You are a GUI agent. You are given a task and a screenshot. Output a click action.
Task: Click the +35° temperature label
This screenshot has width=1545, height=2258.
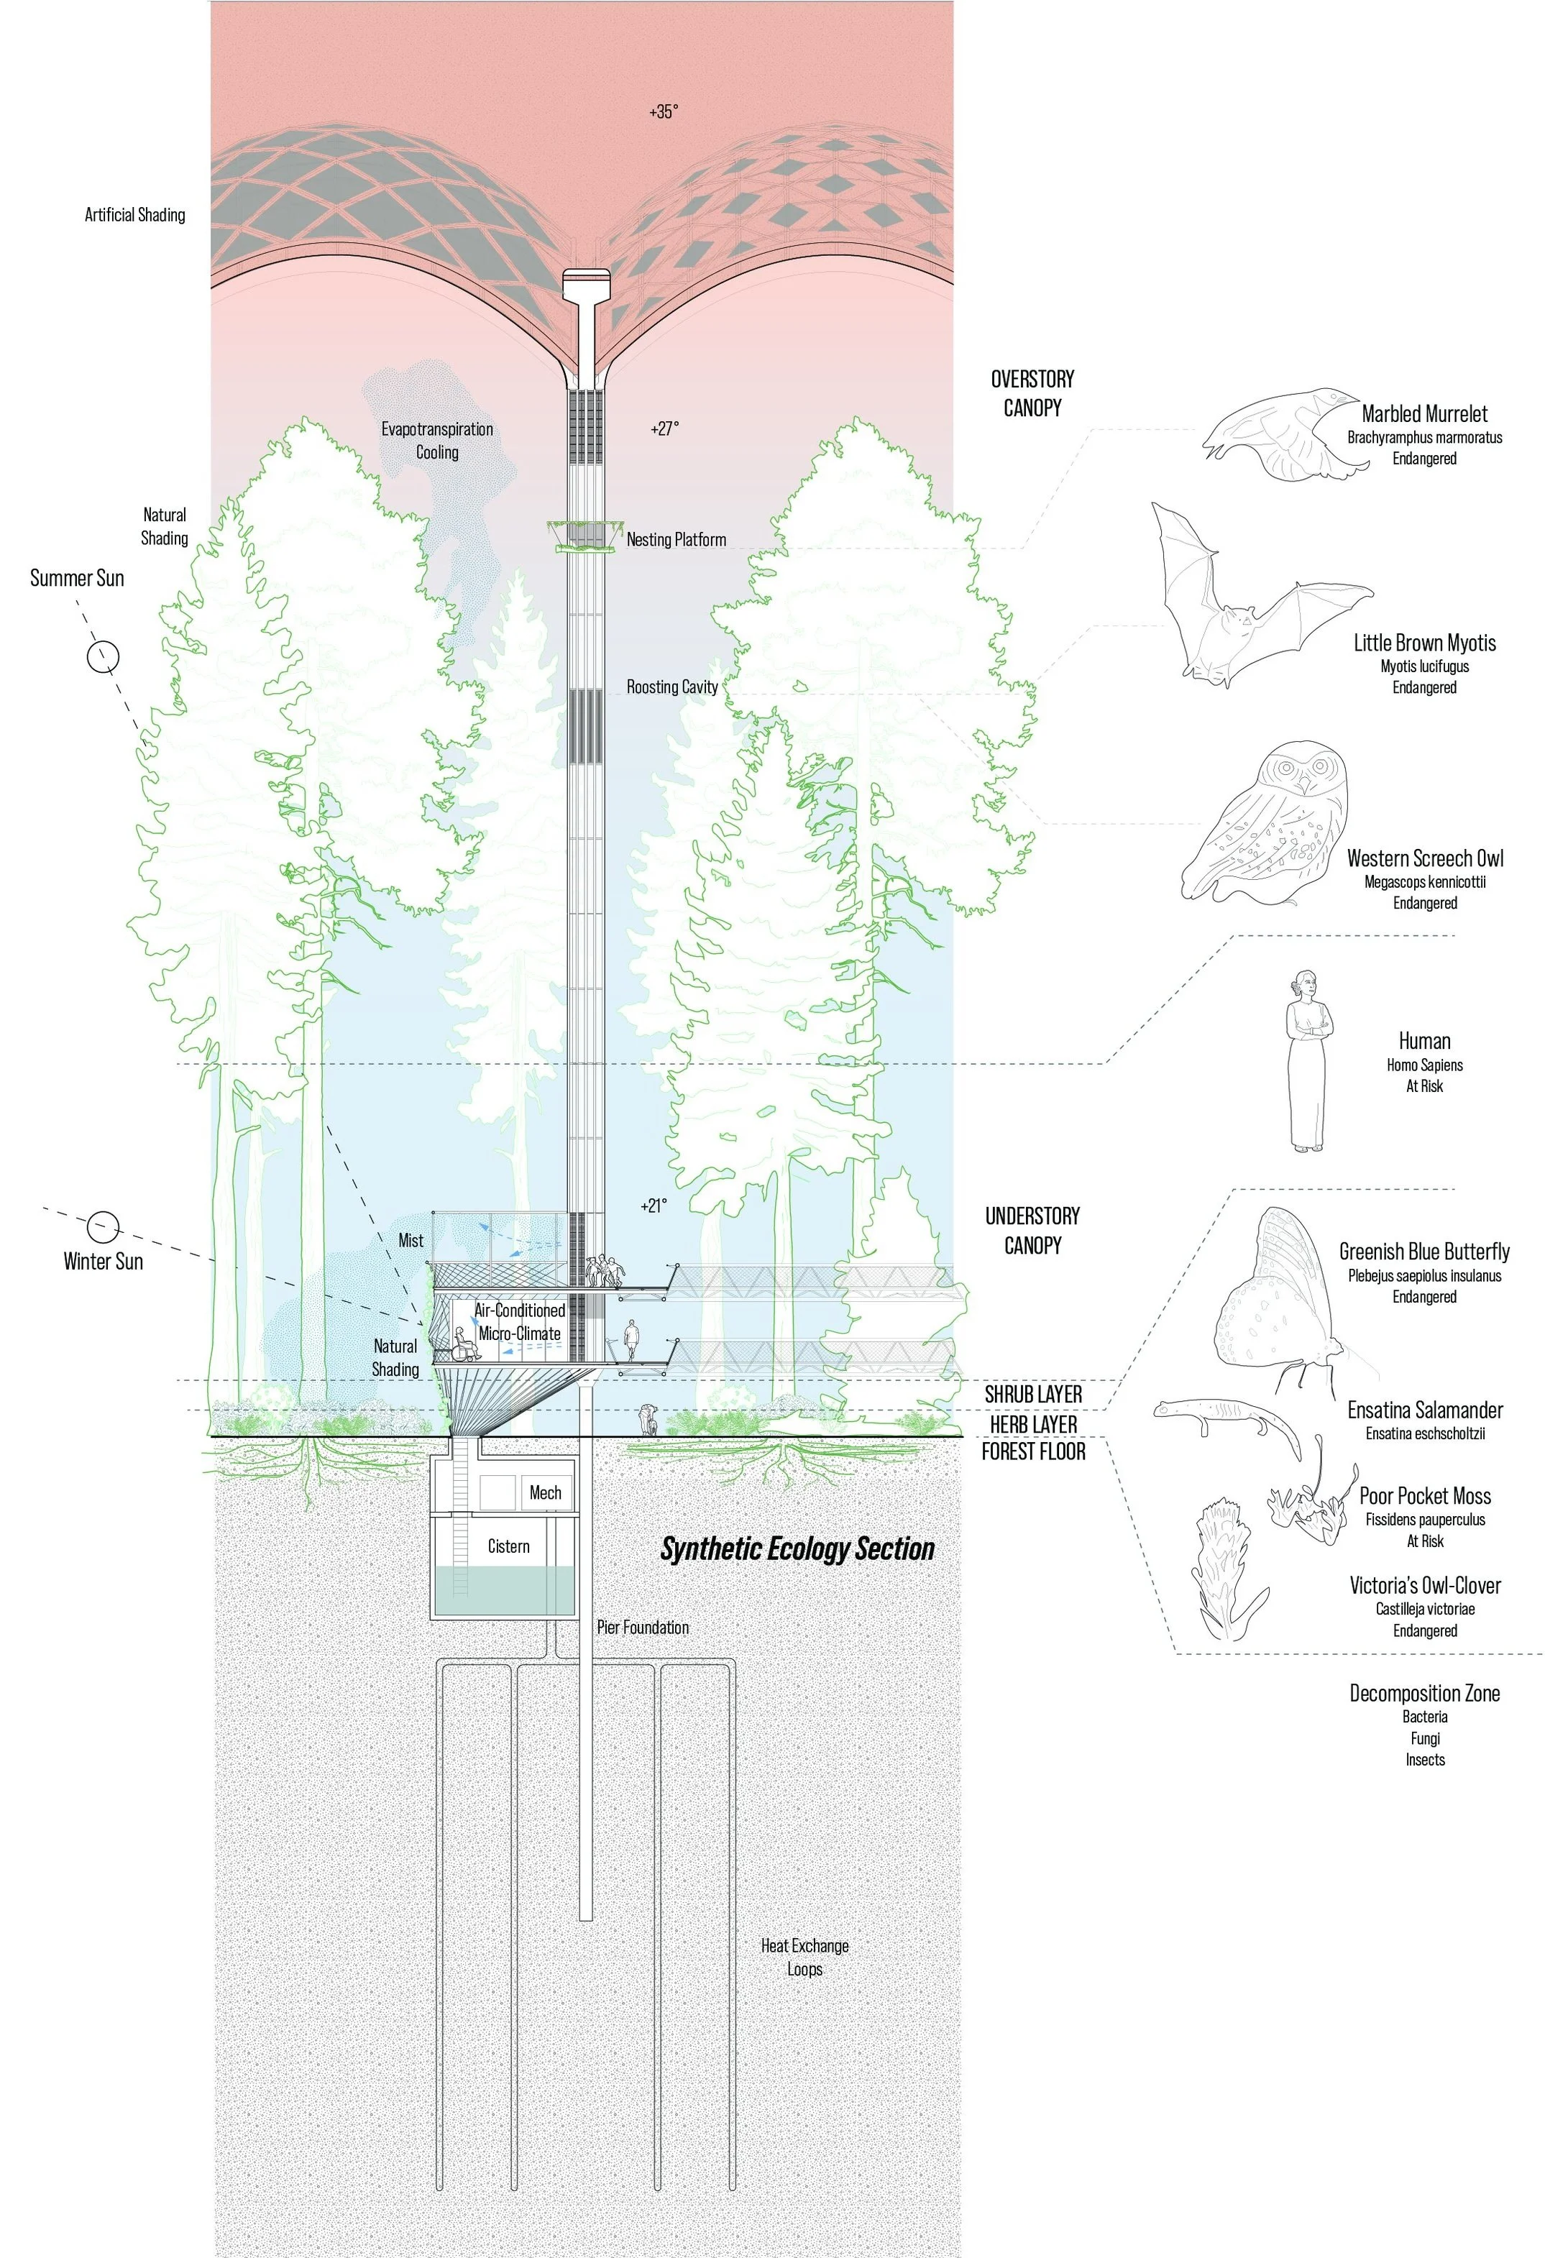click(663, 111)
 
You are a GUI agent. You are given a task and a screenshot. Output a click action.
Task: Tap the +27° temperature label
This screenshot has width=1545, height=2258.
click(664, 428)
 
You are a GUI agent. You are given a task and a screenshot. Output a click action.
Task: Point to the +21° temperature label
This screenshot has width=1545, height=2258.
click(654, 1206)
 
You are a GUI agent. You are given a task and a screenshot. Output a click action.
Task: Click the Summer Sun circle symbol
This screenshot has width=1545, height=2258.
click(103, 657)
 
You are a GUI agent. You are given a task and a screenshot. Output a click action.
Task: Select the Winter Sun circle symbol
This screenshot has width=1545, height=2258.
click(103, 1226)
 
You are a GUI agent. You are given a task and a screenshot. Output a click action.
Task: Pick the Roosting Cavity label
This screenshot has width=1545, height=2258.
click(671, 687)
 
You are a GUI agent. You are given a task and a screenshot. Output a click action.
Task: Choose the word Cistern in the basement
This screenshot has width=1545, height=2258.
click(508, 1546)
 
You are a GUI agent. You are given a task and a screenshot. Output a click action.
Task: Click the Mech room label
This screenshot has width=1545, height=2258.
click(545, 1492)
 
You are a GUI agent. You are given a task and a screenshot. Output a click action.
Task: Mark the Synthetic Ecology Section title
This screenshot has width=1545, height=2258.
click(797, 1548)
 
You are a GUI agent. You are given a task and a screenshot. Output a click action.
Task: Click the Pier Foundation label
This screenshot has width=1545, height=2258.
click(642, 1628)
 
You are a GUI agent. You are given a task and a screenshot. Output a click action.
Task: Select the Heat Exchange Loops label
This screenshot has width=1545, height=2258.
click(804, 1957)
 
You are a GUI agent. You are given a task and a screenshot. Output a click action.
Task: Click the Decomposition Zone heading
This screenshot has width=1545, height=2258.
click(1423, 1694)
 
